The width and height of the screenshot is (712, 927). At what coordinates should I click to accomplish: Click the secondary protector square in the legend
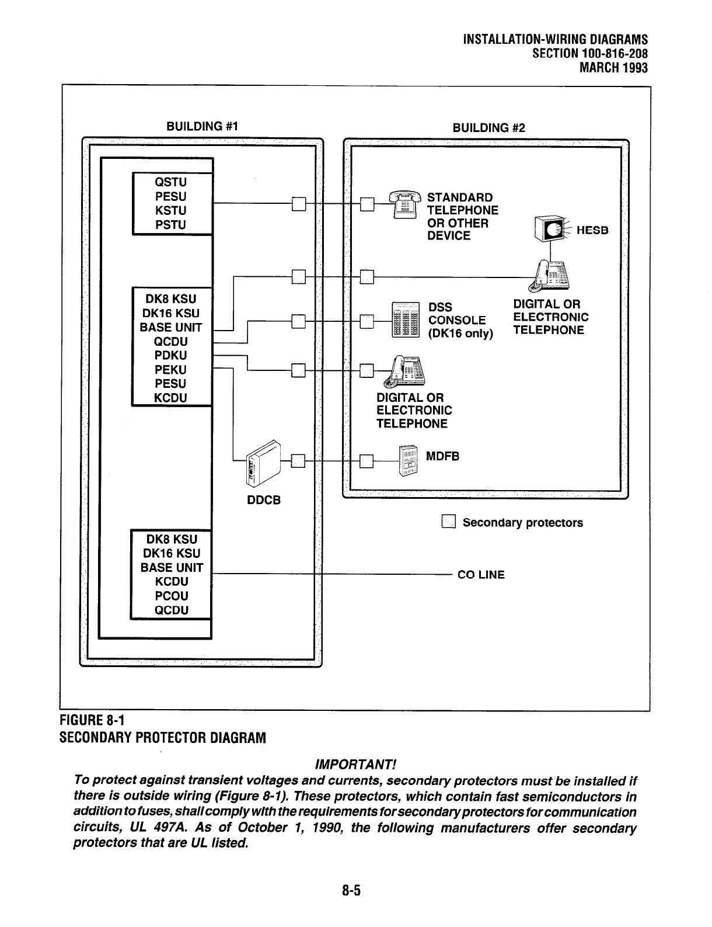(448, 522)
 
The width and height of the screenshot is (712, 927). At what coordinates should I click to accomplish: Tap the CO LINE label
(481, 575)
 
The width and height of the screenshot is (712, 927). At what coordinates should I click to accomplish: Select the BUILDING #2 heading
(488, 128)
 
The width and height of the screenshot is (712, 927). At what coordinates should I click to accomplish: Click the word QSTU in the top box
(170, 182)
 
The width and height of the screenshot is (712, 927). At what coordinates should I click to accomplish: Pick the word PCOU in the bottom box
(171, 596)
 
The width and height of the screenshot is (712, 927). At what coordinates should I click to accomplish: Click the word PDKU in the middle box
(170, 355)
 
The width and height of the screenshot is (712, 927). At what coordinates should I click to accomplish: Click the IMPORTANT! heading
(355, 765)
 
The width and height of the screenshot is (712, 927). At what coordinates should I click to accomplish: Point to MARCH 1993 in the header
(613, 68)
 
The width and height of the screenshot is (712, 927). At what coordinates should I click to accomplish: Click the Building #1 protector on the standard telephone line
(298, 204)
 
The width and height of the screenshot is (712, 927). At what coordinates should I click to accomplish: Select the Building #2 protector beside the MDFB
(367, 461)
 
